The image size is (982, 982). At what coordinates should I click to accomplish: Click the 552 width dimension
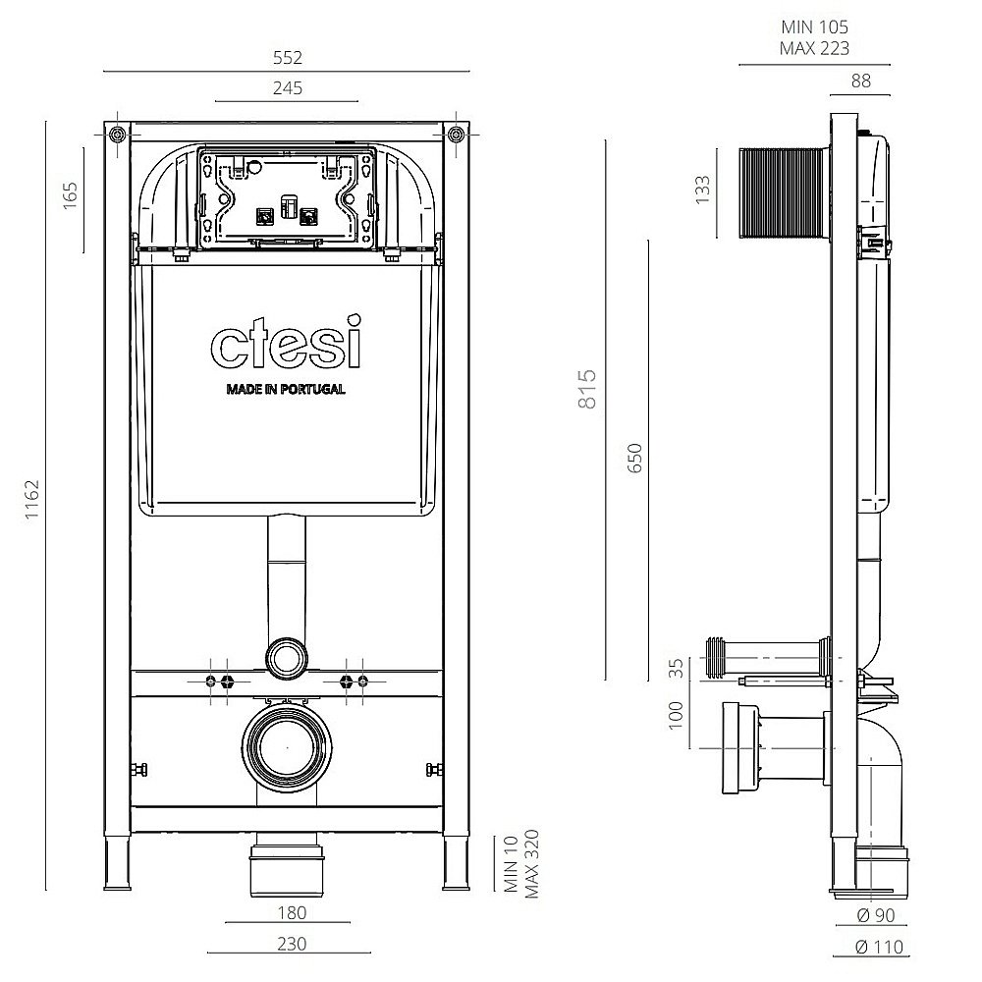point(287,57)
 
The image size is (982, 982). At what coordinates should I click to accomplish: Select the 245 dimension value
point(287,88)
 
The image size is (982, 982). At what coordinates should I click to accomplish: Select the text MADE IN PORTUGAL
point(286,389)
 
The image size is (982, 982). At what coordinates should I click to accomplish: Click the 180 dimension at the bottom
point(292,912)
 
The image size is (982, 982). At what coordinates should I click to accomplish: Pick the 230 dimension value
point(292,944)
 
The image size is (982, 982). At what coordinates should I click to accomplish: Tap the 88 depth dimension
point(860,82)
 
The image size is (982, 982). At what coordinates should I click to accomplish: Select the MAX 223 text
point(814,48)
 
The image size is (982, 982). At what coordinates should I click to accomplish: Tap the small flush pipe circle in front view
point(287,655)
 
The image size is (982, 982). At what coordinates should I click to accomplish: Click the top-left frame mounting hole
point(118,135)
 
